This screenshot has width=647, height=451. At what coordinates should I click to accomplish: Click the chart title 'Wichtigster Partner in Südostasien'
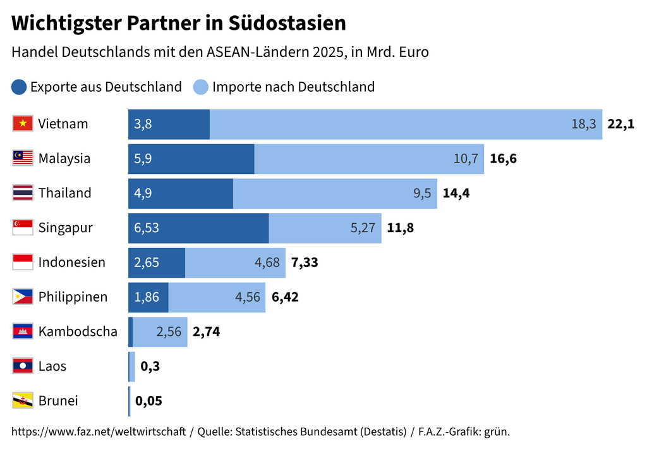pyautogui.click(x=179, y=23)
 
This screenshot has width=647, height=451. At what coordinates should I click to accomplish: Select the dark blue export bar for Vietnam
pyautogui.click(x=169, y=124)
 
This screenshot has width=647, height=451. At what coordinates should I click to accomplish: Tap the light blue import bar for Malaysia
pyautogui.click(x=369, y=159)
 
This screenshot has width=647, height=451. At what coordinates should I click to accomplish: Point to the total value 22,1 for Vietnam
pyautogui.click(x=620, y=124)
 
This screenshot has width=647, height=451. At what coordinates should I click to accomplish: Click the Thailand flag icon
pyautogui.click(x=23, y=193)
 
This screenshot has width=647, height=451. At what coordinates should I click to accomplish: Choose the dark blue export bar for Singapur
pyautogui.click(x=198, y=228)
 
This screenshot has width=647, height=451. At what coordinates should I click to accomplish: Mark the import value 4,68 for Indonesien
pyautogui.click(x=267, y=263)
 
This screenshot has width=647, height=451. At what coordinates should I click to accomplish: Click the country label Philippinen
pyautogui.click(x=73, y=297)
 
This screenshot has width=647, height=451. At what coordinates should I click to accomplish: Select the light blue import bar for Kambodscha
pyautogui.click(x=160, y=331)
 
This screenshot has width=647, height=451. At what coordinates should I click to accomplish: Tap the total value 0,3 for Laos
pyautogui.click(x=150, y=366)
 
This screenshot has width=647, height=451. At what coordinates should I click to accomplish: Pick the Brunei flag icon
pyautogui.click(x=23, y=401)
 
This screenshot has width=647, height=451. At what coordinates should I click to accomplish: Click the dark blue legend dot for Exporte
pyautogui.click(x=20, y=87)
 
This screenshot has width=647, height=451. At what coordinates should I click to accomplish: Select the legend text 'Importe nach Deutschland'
pyautogui.click(x=293, y=87)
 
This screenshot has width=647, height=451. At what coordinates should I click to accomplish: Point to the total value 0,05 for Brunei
pyautogui.click(x=148, y=401)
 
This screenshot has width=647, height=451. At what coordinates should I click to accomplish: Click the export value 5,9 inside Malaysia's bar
pyautogui.click(x=143, y=159)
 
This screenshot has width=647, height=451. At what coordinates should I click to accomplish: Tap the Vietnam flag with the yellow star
pyautogui.click(x=23, y=124)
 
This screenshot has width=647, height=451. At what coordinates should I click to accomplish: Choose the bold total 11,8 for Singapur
pyautogui.click(x=401, y=228)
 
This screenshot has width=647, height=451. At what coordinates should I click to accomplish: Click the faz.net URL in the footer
pyautogui.click(x=99, y=432)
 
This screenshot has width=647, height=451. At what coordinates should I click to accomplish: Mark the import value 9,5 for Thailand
pyautogui.click(x=422, y=193)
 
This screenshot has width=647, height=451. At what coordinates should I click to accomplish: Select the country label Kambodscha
pyautogui.click(x=78, y=331)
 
